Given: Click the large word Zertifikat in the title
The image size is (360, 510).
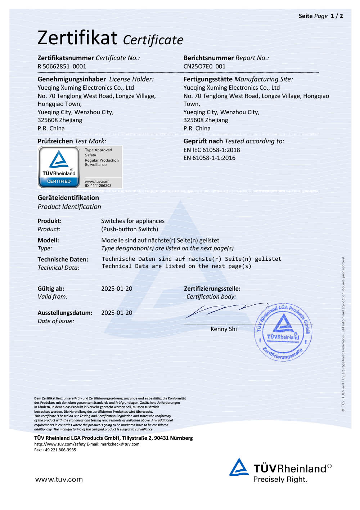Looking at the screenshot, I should click(77, 38).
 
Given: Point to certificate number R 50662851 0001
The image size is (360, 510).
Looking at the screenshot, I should click(62, 66).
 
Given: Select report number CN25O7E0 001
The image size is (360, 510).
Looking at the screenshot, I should click(204, 66).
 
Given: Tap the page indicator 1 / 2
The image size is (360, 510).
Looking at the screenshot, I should click(337, 16).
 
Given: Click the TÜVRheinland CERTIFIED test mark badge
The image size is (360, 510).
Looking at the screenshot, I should click(59, 167).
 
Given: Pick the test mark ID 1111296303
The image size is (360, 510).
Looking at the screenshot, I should click(98, 186).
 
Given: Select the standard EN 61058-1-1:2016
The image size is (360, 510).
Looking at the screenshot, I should click(210, 158).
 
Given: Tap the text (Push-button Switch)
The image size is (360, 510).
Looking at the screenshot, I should click(130, 229).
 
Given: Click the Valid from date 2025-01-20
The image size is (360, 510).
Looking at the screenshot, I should click(117, 288).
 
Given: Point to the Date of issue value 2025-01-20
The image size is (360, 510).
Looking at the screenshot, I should click(117, 313).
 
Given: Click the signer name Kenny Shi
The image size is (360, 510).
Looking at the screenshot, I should click(224, 329).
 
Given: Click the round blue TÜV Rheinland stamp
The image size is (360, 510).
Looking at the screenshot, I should click(283, 332).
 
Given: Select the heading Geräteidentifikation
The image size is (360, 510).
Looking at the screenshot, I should click(68, 198).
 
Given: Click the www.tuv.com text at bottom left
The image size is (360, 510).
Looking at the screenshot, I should click(59, 479).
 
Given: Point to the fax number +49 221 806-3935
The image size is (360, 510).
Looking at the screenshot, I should click(59, 450).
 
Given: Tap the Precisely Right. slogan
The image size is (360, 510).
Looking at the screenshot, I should click(280, 479).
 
